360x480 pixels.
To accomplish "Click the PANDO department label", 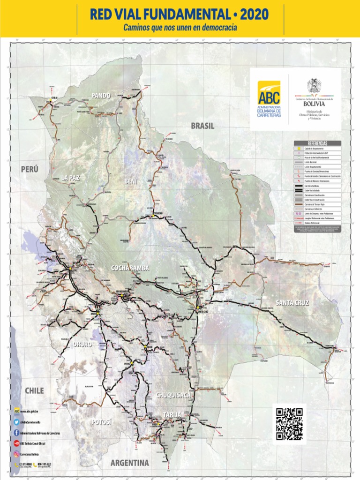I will tap(101, 96).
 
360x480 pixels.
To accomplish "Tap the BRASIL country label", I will tap(202, 126).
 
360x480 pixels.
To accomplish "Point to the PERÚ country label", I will tap(30, 169).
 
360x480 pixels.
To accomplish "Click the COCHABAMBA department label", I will tap(130, 268).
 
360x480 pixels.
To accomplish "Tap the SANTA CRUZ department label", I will tap(292, 302).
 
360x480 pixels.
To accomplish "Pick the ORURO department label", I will tap(82, 344).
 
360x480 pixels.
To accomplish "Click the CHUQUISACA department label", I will tap(173, 395).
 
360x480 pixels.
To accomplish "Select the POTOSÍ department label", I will tap(102, 422).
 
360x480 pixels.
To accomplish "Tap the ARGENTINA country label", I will tap(130, 463).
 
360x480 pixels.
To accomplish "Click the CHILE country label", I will tap(34, 390).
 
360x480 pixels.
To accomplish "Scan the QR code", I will tap(289, 424).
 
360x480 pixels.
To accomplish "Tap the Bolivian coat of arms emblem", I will tap(314, 86).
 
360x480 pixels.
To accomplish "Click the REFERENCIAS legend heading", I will tap(317, 143).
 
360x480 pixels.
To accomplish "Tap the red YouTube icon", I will tap(17, 443).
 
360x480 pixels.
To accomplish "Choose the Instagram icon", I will tap(17, 454).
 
